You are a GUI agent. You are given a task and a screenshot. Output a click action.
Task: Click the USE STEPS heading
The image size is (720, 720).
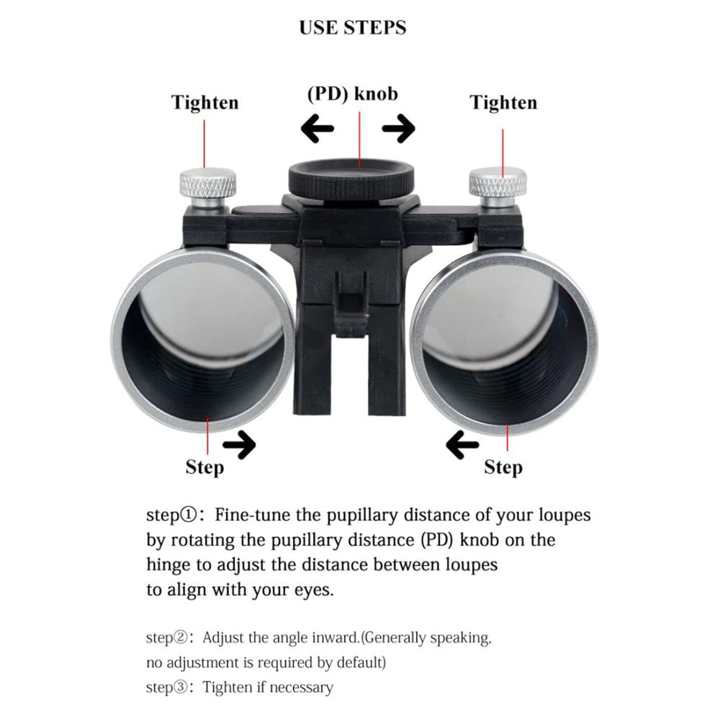click(352, 27)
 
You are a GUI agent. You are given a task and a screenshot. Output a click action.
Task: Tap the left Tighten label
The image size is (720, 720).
click(205, 103)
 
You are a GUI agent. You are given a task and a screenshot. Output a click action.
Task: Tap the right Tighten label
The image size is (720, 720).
click(504, 103)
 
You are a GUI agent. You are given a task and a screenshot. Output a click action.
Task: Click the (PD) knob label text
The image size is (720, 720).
click(353, 94)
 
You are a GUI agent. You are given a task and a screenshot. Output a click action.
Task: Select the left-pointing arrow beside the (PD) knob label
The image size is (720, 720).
click(317, 128)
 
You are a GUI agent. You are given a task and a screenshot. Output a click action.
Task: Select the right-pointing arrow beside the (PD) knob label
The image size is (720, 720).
click(399, 128)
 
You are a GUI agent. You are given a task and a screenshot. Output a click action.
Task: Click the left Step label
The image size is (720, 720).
click(205, 467)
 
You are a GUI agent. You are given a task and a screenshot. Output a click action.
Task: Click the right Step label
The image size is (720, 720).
click(504, 467)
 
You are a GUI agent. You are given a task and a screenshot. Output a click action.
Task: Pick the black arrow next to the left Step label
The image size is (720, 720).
click(239, 445)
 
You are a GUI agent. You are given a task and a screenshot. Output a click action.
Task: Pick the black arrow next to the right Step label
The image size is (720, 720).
click(462, 445)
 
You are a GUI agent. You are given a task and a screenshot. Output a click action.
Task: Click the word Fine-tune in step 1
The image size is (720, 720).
click(253, 515)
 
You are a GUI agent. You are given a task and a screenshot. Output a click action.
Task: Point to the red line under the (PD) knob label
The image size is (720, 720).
click(360, 139)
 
